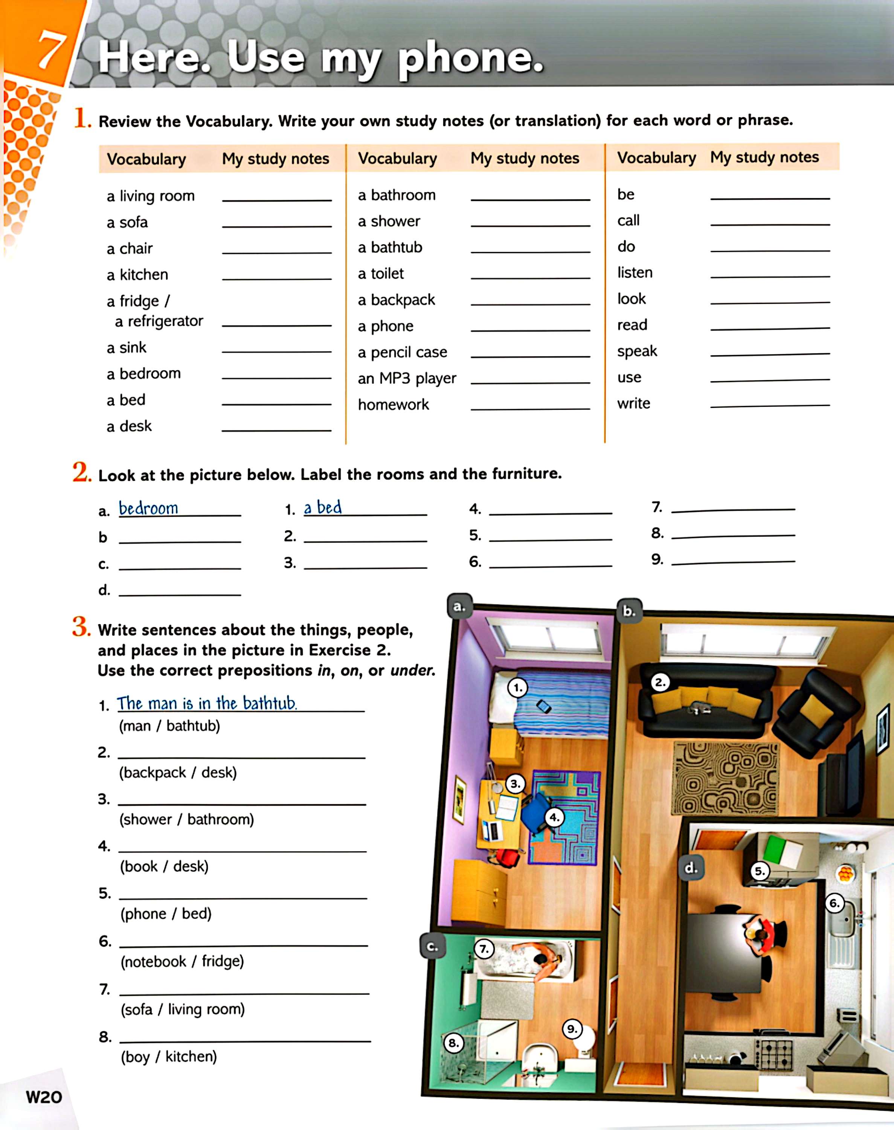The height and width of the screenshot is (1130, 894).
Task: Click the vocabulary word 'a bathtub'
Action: click(x=389, y=247)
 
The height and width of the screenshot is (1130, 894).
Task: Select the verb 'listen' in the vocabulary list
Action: click(x=635, y=272)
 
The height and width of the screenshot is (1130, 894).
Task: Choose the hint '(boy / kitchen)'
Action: click(x=169, y=1056)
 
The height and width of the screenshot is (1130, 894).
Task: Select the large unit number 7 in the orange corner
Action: click(x=51, y=51)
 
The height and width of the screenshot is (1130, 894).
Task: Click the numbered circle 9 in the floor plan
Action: click(x=572, y=1029)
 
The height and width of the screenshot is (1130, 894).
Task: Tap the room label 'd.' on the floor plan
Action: click(x=691, y=868)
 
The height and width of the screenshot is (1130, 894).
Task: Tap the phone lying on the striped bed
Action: click(x=544, y=707)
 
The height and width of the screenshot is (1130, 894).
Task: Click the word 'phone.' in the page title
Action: click(x=470, y=59)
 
